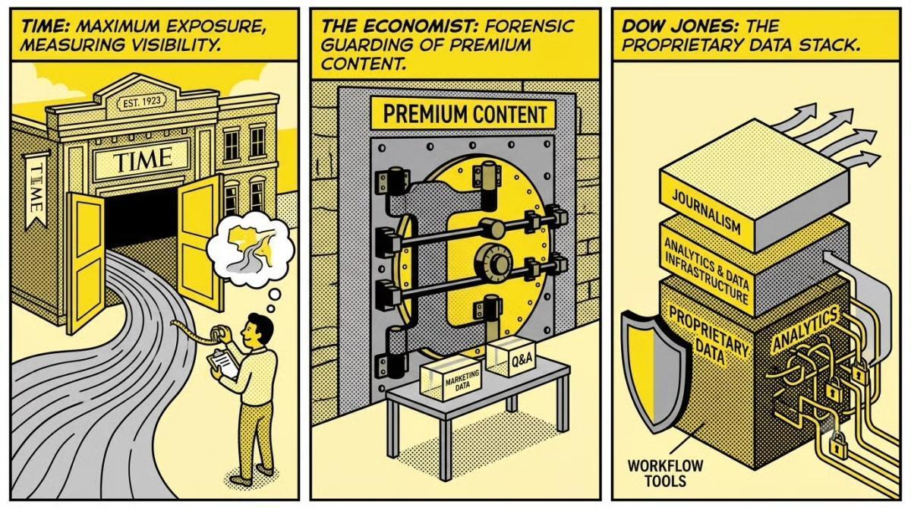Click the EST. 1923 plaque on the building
(x=141, y=102)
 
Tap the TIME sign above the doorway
(x=142, y=159)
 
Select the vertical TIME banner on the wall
(x=36, y=191)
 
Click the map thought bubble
(x=250, y=249)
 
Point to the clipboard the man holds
(x=222, y=363)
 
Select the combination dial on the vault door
(x=493, y=263)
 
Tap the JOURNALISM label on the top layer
(x=706, y=212)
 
